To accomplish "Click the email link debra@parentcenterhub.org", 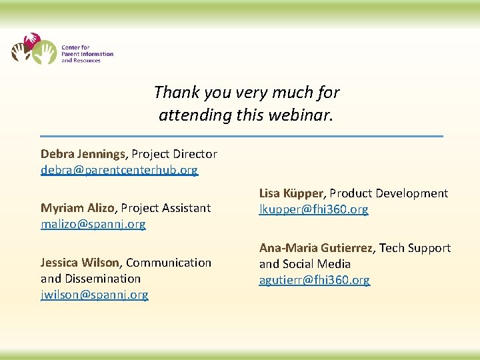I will click(x=119, y=170).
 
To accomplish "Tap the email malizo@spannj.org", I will click(x=93, y=224).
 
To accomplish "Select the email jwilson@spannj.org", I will click(x=94, y=295).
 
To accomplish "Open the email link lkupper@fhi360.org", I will click(x=313, y=209).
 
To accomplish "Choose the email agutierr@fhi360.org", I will click(x=314, y=280).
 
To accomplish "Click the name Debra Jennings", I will click(x=83, y=154).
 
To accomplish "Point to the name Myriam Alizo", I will click(x=77, y=208).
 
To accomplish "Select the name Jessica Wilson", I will click(x=79, y=263).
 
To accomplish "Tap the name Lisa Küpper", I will click(x=291, y=193).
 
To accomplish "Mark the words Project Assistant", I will click(x=166, y=208).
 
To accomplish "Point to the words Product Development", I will click(x=389, y=193).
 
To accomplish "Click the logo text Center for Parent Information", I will click(x=87, y=51).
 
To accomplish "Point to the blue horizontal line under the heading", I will click(x=241, y=136).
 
